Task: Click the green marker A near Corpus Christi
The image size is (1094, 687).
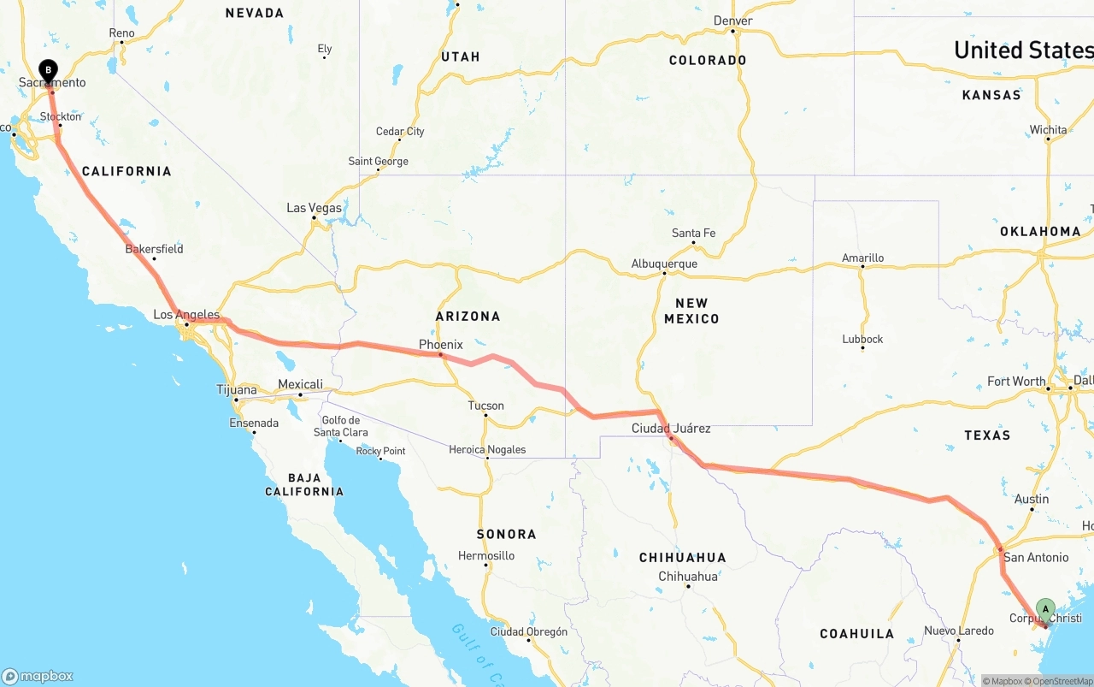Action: pyautogui.click(x=1044, y=609)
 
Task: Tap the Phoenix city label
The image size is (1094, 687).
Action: pyautogui.click(x=440, y=345)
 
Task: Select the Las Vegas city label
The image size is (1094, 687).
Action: pyautogui.click(x=314, y=208)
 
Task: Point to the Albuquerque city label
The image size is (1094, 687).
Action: pyautogui.click(x=664, y=264)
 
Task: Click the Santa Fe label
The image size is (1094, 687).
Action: pyautogui.click(x=693, y=233)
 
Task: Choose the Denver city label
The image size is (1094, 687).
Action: pyautogui.click(x=733, y=21)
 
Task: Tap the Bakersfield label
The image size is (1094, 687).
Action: pyautogui.click(x=154, y=249)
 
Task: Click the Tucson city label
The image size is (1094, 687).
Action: pyautogui.click(x=485, y=406)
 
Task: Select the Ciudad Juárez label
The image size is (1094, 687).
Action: pyautogui.click(x=671, y=428)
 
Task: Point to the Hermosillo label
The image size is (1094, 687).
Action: pyautogui.click(x=485, y=555)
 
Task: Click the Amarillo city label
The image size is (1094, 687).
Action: pyautogui.click(x=862, y=258)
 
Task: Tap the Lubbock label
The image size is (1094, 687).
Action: pyautogui.click(x=862, y=339)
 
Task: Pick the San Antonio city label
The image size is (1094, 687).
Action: pyautogui.click(x=1036, y=557)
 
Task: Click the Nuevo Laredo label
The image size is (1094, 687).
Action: pyautogui.click(x=959, y=631)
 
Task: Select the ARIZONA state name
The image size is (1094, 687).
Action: pyautogui.click(x=468, y=316)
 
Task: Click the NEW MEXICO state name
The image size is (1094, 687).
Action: pyautogui.click(x=691, y=311)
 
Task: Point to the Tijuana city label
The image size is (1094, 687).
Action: pyautogui.click(x=237, y=389)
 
